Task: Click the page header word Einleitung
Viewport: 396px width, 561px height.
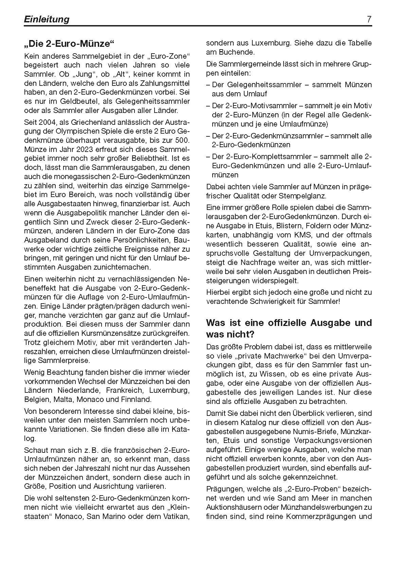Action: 47,19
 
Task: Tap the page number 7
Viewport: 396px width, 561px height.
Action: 369,19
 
